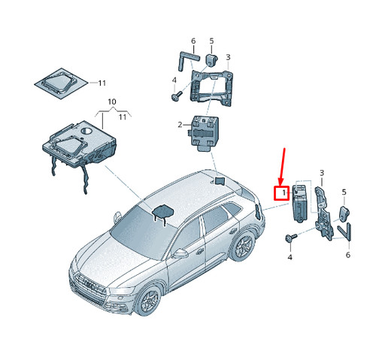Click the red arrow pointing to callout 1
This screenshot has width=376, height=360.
pyautogui.click(x=283, y=167)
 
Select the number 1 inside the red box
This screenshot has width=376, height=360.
pyautogui.click(x=284, y=193)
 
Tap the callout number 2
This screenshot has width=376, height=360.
pyautogui.click(x=180, y=125)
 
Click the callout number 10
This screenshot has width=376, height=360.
pyautogui.click(x=112, y=101)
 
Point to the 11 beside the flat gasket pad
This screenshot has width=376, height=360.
pyautogui.click(x=102, y=83)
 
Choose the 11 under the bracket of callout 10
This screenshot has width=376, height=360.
pyautogui.click(x=123, y=117)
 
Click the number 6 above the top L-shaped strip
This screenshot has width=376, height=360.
pyautogui.click(x=193, y=41)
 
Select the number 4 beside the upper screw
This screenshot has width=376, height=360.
pyautogui.click(x=174, y=80)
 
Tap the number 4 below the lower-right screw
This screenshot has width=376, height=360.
pyautogui.click(x=290, y=257)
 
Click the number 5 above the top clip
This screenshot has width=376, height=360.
pyautogui.click(x=211, y=41)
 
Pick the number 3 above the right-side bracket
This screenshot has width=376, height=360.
pyautogui.click(x=322, y=173)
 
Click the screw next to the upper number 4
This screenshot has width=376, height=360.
pyautogui.click(x=177, y=95)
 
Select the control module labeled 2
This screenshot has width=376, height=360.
pyautogui.click(x=204, y=133)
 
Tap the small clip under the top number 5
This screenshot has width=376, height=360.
pyautogui.click(x=211, y=61)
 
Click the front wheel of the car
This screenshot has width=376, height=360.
pyautogui.click(x=147, y=300)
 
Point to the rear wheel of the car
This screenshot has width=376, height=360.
pyautogui.click(x=243, y=245)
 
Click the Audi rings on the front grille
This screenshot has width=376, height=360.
pyautogui.click(x=91, y=285)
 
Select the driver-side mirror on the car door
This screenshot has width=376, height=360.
pyautogui.click(x=180, y=253)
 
